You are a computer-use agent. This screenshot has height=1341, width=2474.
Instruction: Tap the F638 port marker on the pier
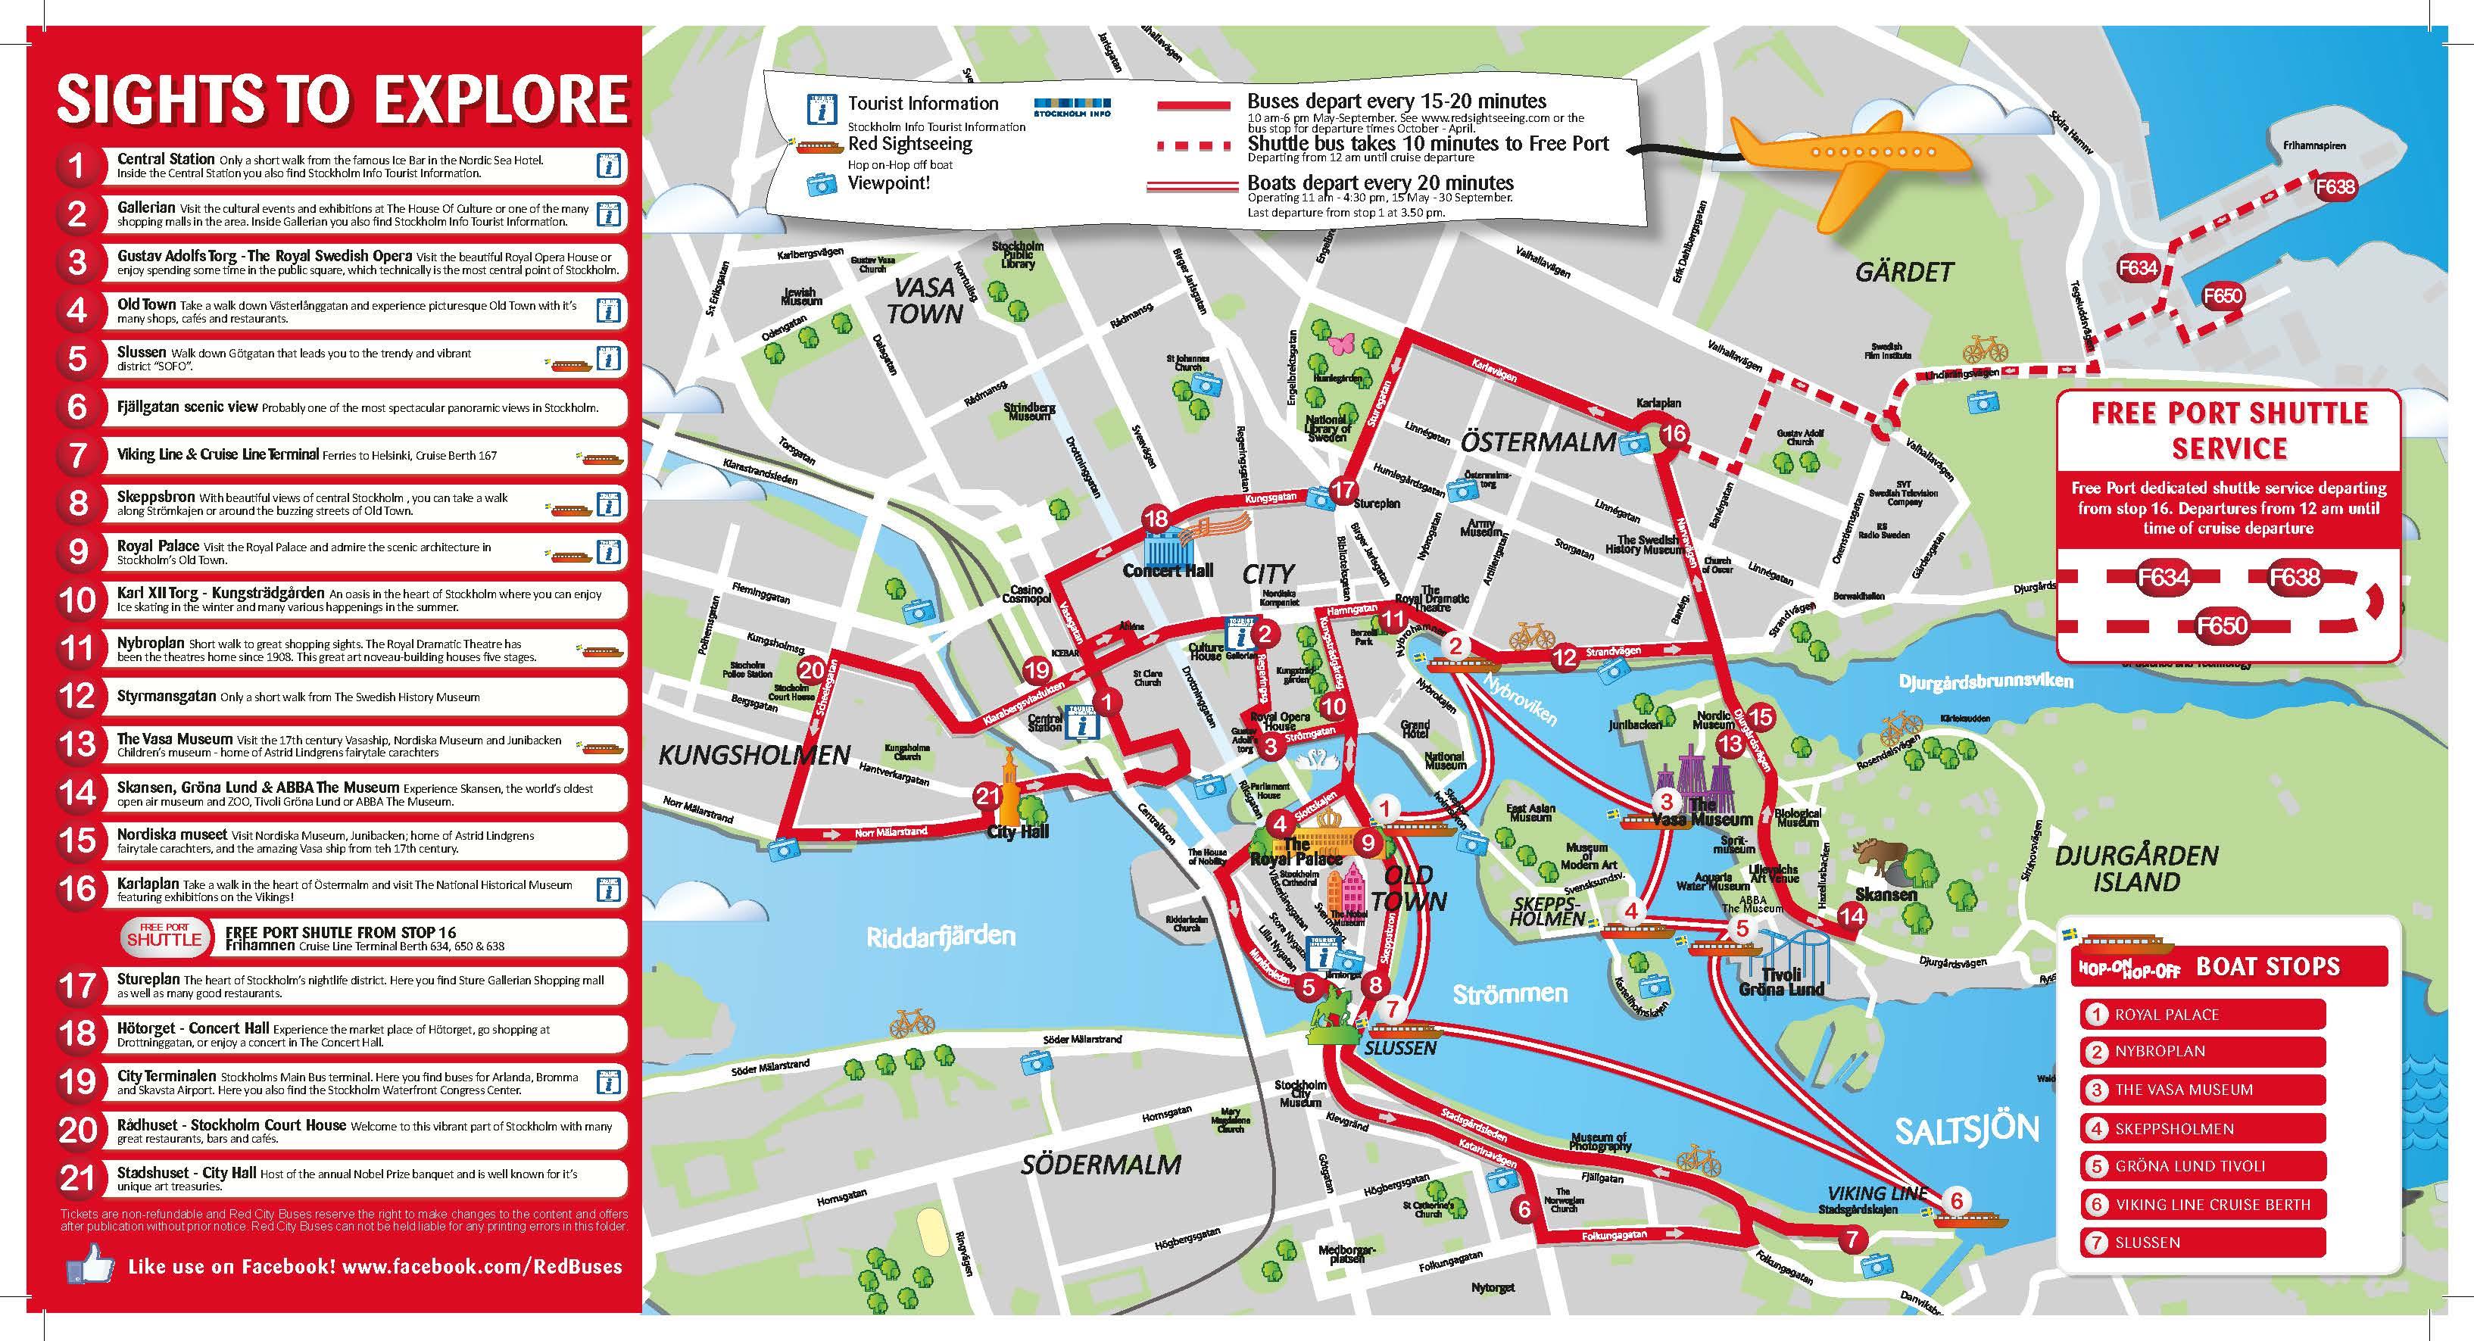[2334, 186]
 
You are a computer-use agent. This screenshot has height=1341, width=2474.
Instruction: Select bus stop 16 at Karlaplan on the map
[1673, 433]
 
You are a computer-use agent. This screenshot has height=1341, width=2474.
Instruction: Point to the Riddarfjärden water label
[941, 936]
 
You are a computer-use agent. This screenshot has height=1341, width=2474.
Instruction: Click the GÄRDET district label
[1904, 273]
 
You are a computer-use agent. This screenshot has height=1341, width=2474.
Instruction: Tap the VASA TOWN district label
[924, 300]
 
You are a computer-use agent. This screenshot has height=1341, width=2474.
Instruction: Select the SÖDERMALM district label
[1100, 1165]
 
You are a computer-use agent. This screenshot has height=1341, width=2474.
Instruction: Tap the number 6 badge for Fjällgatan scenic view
[76, 407]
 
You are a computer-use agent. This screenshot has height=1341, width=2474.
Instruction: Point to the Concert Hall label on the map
[1168, 571]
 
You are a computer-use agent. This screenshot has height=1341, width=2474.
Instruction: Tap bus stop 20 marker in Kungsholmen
[812, 671]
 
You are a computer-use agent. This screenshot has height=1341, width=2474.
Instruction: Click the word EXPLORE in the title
[499, 100]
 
